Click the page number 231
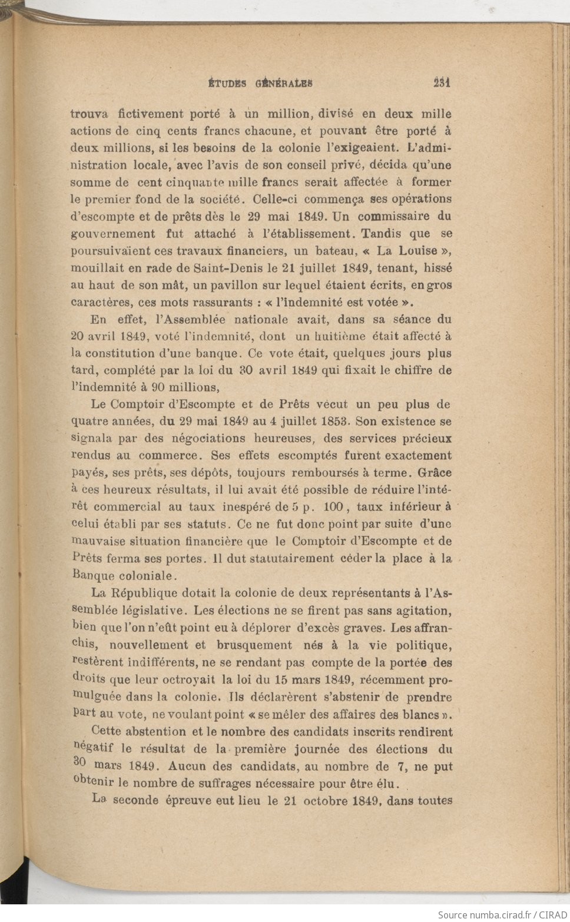pos(441,82)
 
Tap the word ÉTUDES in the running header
pos(228,83)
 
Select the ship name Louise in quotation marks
pos(417,251)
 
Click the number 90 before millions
pos(158,387)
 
